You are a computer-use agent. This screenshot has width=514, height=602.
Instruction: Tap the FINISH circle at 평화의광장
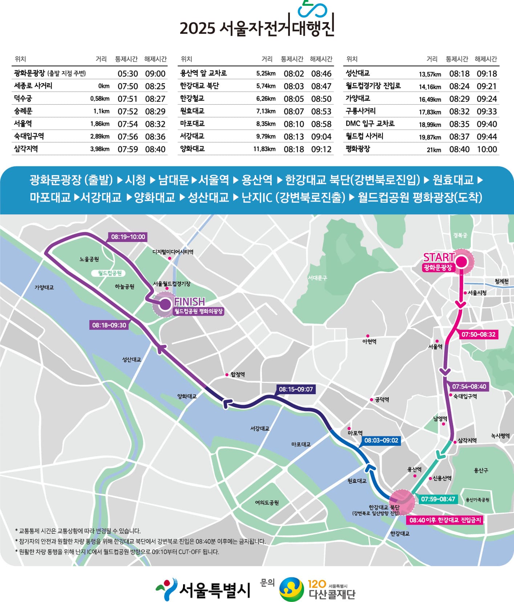coord(165,304)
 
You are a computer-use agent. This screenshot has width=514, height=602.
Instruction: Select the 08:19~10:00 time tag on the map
coord(128,237)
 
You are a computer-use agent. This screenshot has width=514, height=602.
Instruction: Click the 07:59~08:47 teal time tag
coord(438,499)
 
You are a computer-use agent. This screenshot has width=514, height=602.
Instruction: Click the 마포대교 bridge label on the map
coord(301,444)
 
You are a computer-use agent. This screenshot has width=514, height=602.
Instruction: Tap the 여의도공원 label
coord(267,502)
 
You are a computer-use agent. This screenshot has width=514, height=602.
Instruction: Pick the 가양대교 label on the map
coord(44,287)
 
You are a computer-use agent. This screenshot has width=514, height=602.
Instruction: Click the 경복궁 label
coord(460,235)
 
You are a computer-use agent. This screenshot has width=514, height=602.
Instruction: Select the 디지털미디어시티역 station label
coord(173,252)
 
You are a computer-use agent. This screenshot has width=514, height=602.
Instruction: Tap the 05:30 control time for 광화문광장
coord(128,74)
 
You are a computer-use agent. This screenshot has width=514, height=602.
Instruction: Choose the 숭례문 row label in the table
coord(23,111)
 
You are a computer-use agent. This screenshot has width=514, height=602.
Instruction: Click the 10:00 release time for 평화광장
coord(487,149)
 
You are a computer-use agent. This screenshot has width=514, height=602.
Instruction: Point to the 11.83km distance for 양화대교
coord(264,149)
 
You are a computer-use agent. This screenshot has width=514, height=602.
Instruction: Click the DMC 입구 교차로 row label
coord(370,124)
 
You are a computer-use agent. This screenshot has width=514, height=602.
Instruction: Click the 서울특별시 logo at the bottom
coord(203,590)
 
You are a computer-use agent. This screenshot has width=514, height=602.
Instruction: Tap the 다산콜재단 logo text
coord(332,594)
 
